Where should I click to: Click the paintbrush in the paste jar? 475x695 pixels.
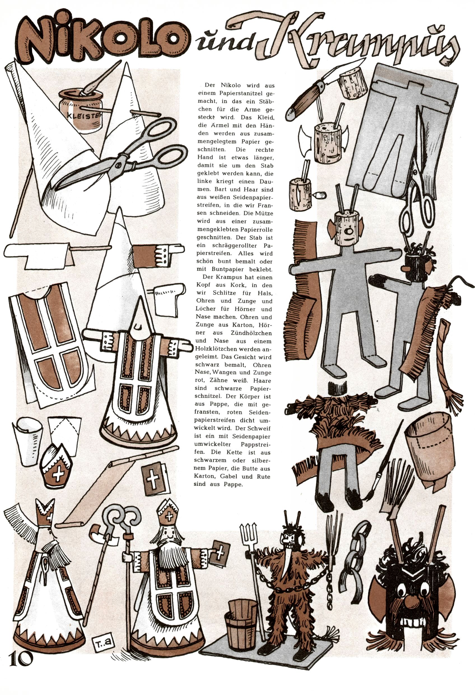[x=99, y=81]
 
